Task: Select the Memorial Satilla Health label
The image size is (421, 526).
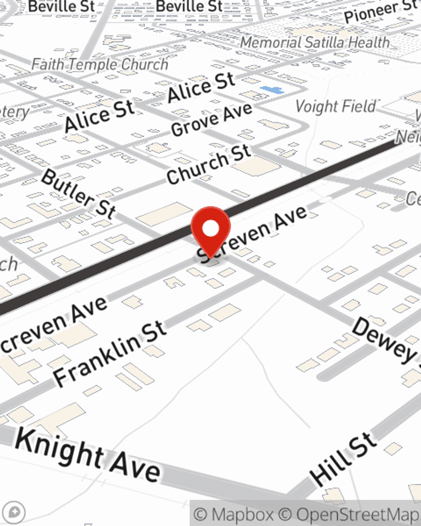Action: point(315,43)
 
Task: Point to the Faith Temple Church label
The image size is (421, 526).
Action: point(100,64)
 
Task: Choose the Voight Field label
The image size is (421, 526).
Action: point(336,106)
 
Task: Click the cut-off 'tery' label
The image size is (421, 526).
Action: point(15,113)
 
